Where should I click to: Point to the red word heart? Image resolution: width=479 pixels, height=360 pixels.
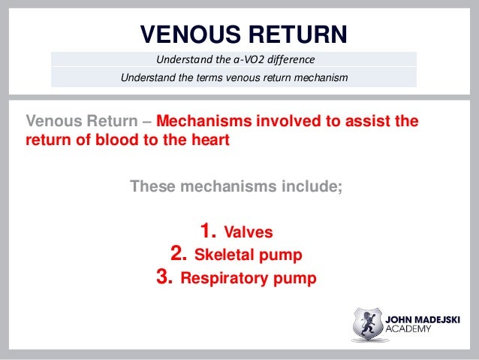point(208,139)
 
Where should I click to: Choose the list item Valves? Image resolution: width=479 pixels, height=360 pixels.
point(255,232)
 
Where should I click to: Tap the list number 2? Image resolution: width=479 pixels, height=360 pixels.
point(179,254)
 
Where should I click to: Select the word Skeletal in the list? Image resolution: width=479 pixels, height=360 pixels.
point(223,255)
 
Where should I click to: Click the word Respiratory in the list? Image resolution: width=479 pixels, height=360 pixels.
point(226,279)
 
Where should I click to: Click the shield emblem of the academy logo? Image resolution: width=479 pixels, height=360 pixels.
point(367,324)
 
